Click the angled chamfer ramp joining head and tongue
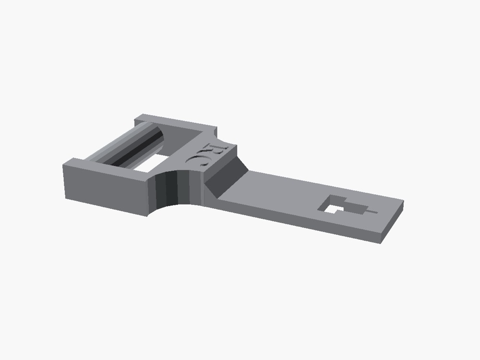coord(226,177)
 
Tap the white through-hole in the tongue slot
coord(330,209)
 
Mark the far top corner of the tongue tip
coord(404,201)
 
